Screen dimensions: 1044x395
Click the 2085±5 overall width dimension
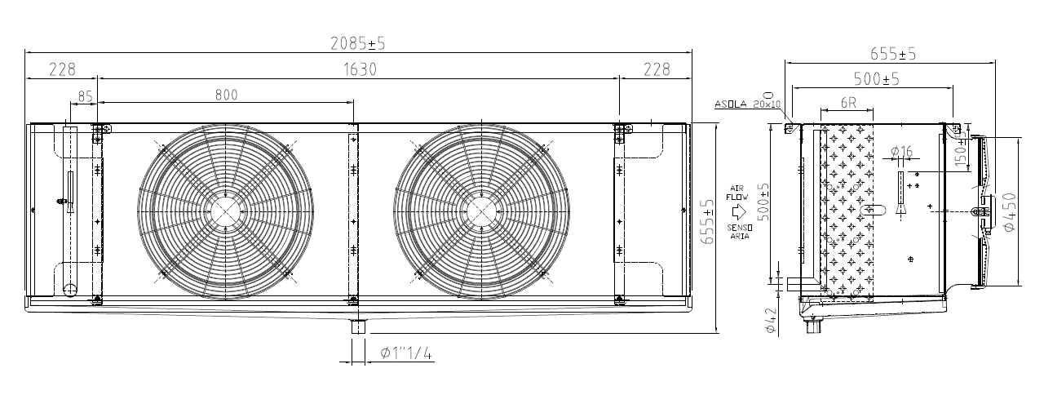tap(358, 43)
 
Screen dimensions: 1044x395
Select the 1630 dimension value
tap(360, 69)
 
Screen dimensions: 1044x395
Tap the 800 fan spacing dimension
tap(227, 95)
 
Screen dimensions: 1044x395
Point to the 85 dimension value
tap(86, 96)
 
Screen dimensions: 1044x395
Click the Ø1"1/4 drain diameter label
tap(406, 353)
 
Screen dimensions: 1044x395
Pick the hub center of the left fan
tap(226, 211)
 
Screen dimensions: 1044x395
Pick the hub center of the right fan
tap(482, 211)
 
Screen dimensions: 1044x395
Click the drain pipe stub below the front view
tap(358, 326)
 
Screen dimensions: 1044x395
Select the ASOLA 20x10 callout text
tap(748, 104)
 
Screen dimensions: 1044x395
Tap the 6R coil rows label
tap(848, 103)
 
